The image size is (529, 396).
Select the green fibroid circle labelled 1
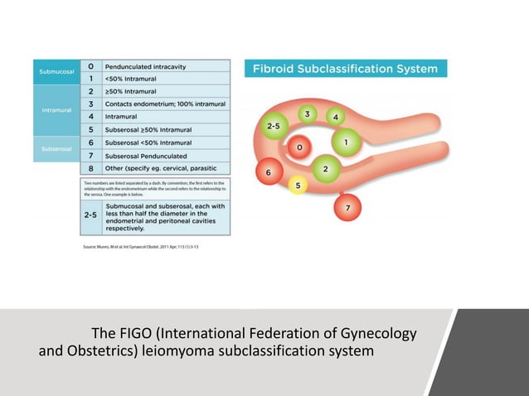(345, 142)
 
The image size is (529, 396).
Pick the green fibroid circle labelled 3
(307, 113)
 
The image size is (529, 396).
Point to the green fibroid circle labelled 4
(336, 117)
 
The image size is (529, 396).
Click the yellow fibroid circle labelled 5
(298, 186)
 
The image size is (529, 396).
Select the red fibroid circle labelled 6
(268, 172)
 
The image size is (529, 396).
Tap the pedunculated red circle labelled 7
(348, 207)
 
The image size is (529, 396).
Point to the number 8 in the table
(90, 168)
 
